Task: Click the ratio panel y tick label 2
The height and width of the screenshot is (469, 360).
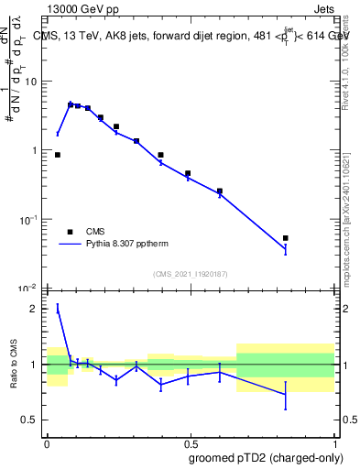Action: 34,309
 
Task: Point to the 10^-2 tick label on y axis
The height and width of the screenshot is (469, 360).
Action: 28,289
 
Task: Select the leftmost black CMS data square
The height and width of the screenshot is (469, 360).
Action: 58,155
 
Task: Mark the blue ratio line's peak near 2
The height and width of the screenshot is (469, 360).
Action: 58,309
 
